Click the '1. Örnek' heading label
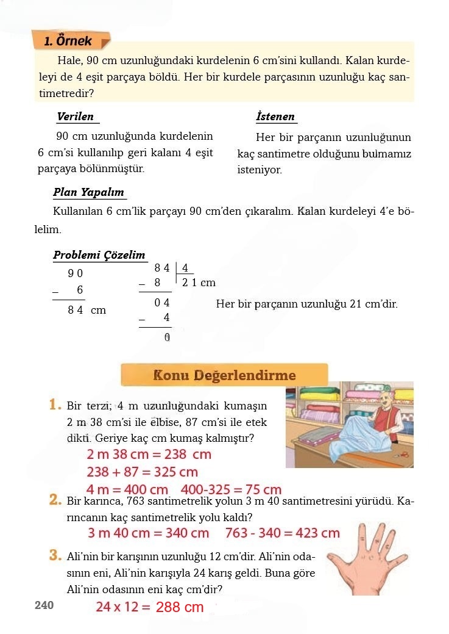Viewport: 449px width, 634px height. (69, 41)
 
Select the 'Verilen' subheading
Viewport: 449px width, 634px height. (75, 117)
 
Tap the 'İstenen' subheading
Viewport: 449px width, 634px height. (275, 117)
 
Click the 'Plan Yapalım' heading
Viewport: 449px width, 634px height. (88, 192)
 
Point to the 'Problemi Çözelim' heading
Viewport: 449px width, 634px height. (99, 255)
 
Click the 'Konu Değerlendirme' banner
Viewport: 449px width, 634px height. (224, 375)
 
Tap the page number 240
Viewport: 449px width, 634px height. (44, 605)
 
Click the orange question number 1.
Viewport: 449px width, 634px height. (55, 405)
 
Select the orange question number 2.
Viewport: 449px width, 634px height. (55, 500)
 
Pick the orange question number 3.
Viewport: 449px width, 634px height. (55, 555)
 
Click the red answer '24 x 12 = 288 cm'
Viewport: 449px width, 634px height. (149, 607)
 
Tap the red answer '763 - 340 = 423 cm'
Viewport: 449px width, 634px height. (282, 533)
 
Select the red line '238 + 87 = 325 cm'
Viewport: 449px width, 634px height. (142, 472)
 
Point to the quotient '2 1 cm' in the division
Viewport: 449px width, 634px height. (199, 283)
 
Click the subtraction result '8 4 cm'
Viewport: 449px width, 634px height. (87, 310)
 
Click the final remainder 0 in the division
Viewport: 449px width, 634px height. (166, 337)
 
